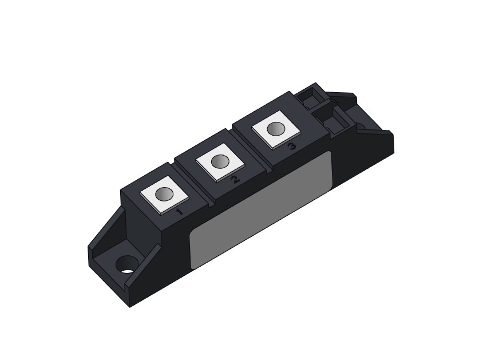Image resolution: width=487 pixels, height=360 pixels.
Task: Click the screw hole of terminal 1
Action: click(x=164, y=195)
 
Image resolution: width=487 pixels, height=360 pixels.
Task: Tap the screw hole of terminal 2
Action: click(x=220, y=161)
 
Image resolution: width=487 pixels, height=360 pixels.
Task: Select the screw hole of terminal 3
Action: click(x=276, y=129)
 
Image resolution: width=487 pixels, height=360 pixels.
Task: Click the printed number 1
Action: click(x=179, y=212)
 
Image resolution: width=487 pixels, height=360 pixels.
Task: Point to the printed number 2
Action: click(x=235, y=179)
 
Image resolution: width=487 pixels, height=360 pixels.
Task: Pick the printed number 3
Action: click(x=292, y=146)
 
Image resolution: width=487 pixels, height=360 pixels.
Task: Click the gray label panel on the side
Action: click(x=261, y=210)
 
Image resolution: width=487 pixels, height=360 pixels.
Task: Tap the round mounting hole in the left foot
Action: click(x=126, y=264)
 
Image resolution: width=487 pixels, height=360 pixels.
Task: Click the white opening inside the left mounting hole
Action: click(x=127, y=271)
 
